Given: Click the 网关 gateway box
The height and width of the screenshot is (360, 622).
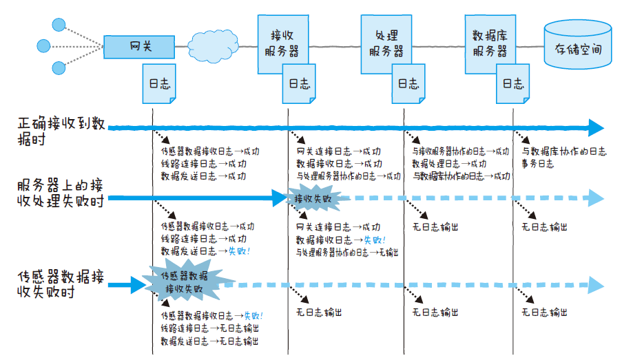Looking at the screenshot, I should click(x=139, y=47).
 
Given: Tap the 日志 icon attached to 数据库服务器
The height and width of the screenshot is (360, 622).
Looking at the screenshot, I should click(x=512, y=84).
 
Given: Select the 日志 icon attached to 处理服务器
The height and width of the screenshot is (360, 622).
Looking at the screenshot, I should click(x=408, y=84).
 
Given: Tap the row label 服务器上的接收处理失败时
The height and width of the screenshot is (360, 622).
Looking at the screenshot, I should click(x=62, y=192).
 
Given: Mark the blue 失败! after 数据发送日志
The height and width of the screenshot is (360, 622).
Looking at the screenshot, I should click(x=239, y=251).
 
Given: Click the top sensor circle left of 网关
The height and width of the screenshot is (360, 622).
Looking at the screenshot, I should click(x=58, y=26).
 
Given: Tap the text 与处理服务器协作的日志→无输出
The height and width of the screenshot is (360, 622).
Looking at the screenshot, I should click(x=348, y=252).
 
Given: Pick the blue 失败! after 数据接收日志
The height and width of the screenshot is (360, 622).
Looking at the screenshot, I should click(x=375, y=240).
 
